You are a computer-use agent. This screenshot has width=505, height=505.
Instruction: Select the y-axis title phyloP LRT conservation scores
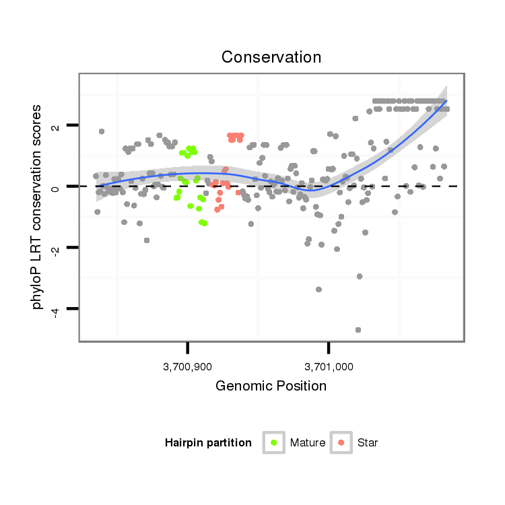click(38, 207)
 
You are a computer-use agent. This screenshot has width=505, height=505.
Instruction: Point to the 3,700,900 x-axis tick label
click(187, 367)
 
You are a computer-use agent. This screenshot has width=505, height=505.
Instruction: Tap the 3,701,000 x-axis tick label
click(329, 367)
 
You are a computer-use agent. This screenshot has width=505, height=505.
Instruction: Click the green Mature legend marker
click(273, 442)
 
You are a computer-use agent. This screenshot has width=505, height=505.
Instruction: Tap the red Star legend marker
click(341, 442)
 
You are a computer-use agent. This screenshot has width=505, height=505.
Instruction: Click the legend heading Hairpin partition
click(208, 443)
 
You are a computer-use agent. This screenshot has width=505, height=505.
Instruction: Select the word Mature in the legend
click(308, 443)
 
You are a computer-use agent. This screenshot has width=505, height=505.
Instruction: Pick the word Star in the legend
click(368, 443)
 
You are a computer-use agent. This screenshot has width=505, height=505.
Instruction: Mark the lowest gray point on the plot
click(358, 330)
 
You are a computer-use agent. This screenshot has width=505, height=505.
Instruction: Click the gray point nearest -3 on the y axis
click(360, 276)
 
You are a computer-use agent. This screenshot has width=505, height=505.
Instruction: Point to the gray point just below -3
click(318, 290)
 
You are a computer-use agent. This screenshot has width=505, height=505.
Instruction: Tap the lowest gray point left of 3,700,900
click(147, 240)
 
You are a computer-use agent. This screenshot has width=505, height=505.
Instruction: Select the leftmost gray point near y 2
click(102, 131)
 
